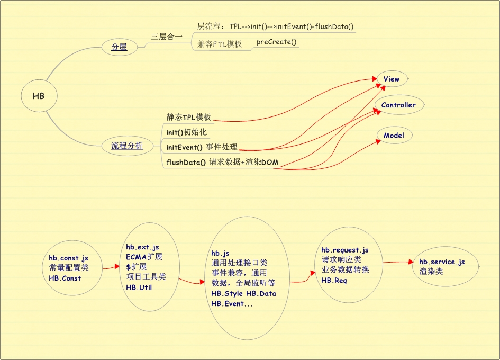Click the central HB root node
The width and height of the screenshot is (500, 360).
click(39, 96)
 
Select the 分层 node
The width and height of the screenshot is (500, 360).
click(119, 47)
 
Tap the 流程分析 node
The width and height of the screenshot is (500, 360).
click(127, 146)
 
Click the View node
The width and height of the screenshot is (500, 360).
click(392, 79)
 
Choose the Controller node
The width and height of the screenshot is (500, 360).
click(398, 105)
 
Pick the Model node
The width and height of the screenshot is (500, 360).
click(394, 135)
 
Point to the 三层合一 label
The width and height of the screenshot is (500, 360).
click(167, 37)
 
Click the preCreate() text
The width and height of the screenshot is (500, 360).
click(277, 42)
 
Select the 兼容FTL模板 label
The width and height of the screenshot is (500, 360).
click(220, 44)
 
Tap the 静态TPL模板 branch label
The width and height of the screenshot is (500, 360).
click(188, 117)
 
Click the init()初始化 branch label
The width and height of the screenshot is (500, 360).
click(186, 132)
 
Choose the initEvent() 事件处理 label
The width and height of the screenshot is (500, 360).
click(202, 147)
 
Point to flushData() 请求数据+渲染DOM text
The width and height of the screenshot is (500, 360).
click(222, 162)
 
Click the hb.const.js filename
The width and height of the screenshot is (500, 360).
click(68, 258)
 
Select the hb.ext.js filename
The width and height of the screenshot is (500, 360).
click(142, 247)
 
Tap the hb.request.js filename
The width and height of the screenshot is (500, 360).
click(345, 250)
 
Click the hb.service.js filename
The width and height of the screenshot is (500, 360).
click(442, 262)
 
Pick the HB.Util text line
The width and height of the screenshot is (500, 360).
click(139, 287)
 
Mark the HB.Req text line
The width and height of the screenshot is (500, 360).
click(334, 280)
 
